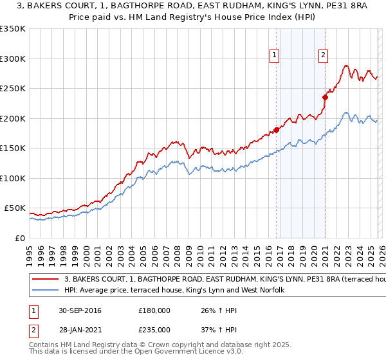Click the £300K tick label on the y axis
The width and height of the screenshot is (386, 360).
[x=13, y=59]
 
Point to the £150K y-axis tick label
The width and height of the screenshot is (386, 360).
[x=13, y=148]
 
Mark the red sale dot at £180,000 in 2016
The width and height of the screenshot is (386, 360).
[x=277, y=130]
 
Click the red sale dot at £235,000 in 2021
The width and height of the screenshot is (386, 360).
[x=326, y=98]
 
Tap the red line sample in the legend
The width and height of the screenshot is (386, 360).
[x=46, y=280]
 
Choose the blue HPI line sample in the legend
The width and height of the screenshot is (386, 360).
[x=46, y=291]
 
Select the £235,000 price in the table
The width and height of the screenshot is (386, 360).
[x=154, y=329]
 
